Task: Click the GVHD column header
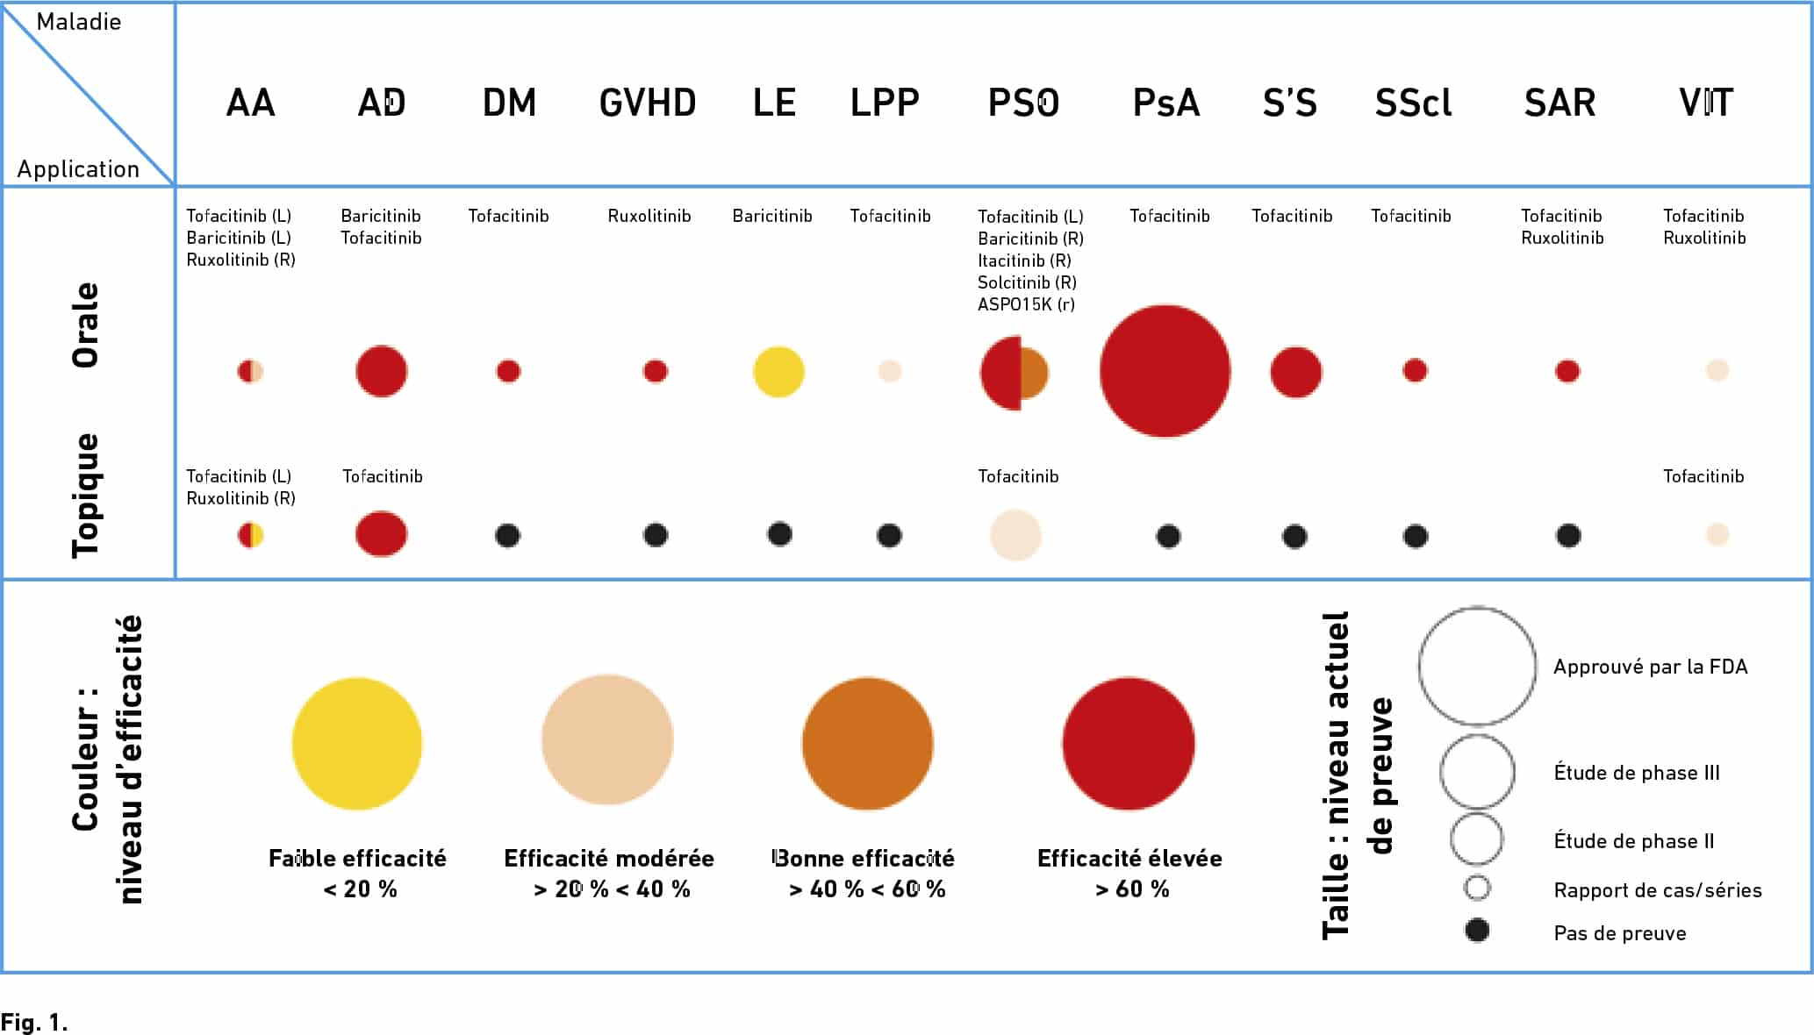pyautogui.click(x=648, y=103)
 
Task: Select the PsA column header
pyautogui.click(x=1165, y=103)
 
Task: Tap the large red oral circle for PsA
pyautogui.click(x=1165, y=371)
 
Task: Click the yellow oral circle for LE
pyautogui.click(x=778, y=372)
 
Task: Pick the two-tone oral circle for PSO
pyautogui.click(x=1014, y=373)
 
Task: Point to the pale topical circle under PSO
pyautogui.click(x=1015, y=535)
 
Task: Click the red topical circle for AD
pyautogui.click(x=381, y=533)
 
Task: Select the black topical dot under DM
pyautogui.click(x=507, y=535)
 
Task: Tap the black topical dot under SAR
pyautogui.click(x=1568, y=535)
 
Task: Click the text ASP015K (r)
pyautogui.click(x=1026, y=304)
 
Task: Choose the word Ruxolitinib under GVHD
pyautogui.click(x=649, y=216)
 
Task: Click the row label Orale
pyautogui.click(x=86, y=325)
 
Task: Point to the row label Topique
pyautogui.click(x=86, y=496)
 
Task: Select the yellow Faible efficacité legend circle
pyautogui.click(x=357, y=743)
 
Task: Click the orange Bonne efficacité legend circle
pyautogui.click(x=867, y=743)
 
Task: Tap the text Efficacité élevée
pyautogui.click(x=1129, y=858)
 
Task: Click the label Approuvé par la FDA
pyautogui.click(x=1650, y=667)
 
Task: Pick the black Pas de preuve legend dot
pyautogui.click(x=1477, y=930)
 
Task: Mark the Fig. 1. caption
pyautogui.click(x=34, y=1023)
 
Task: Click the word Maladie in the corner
pyautogui.click(x=79, y=22)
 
